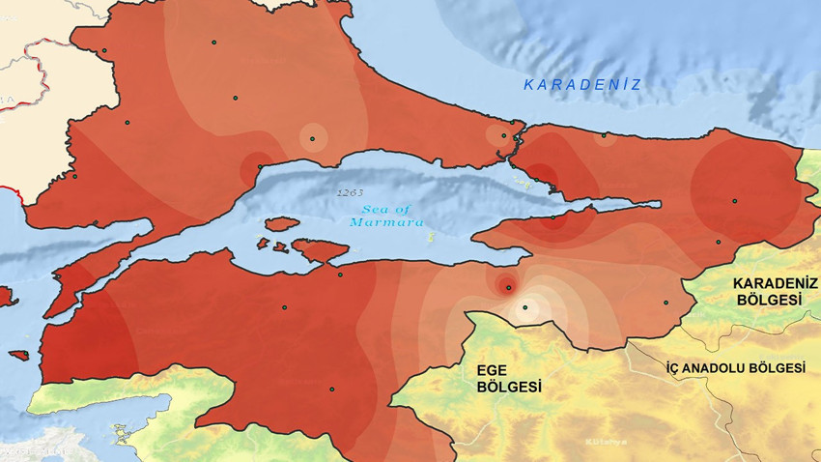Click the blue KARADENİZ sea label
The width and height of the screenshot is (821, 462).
(582, 85)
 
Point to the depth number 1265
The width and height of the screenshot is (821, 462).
(350, 192)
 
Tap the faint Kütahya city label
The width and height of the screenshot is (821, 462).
(606, 442)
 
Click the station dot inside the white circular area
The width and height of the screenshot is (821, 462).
(525, 307)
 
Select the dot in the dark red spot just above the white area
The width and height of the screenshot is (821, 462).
(507, 285)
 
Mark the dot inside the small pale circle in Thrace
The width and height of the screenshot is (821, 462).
(313, 137)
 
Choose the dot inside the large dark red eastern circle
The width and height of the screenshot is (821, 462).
(734, 201)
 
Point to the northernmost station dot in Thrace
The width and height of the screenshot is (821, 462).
(213, 42)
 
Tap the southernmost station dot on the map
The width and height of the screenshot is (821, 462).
(331, 390)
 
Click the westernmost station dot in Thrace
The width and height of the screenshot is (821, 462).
(74, 176)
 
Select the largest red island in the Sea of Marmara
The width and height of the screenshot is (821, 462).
(319, 251)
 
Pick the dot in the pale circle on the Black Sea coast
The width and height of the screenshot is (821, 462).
(604, 136)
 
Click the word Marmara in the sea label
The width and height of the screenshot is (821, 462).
(391, 222)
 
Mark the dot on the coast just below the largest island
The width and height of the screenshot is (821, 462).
(340, 274)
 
